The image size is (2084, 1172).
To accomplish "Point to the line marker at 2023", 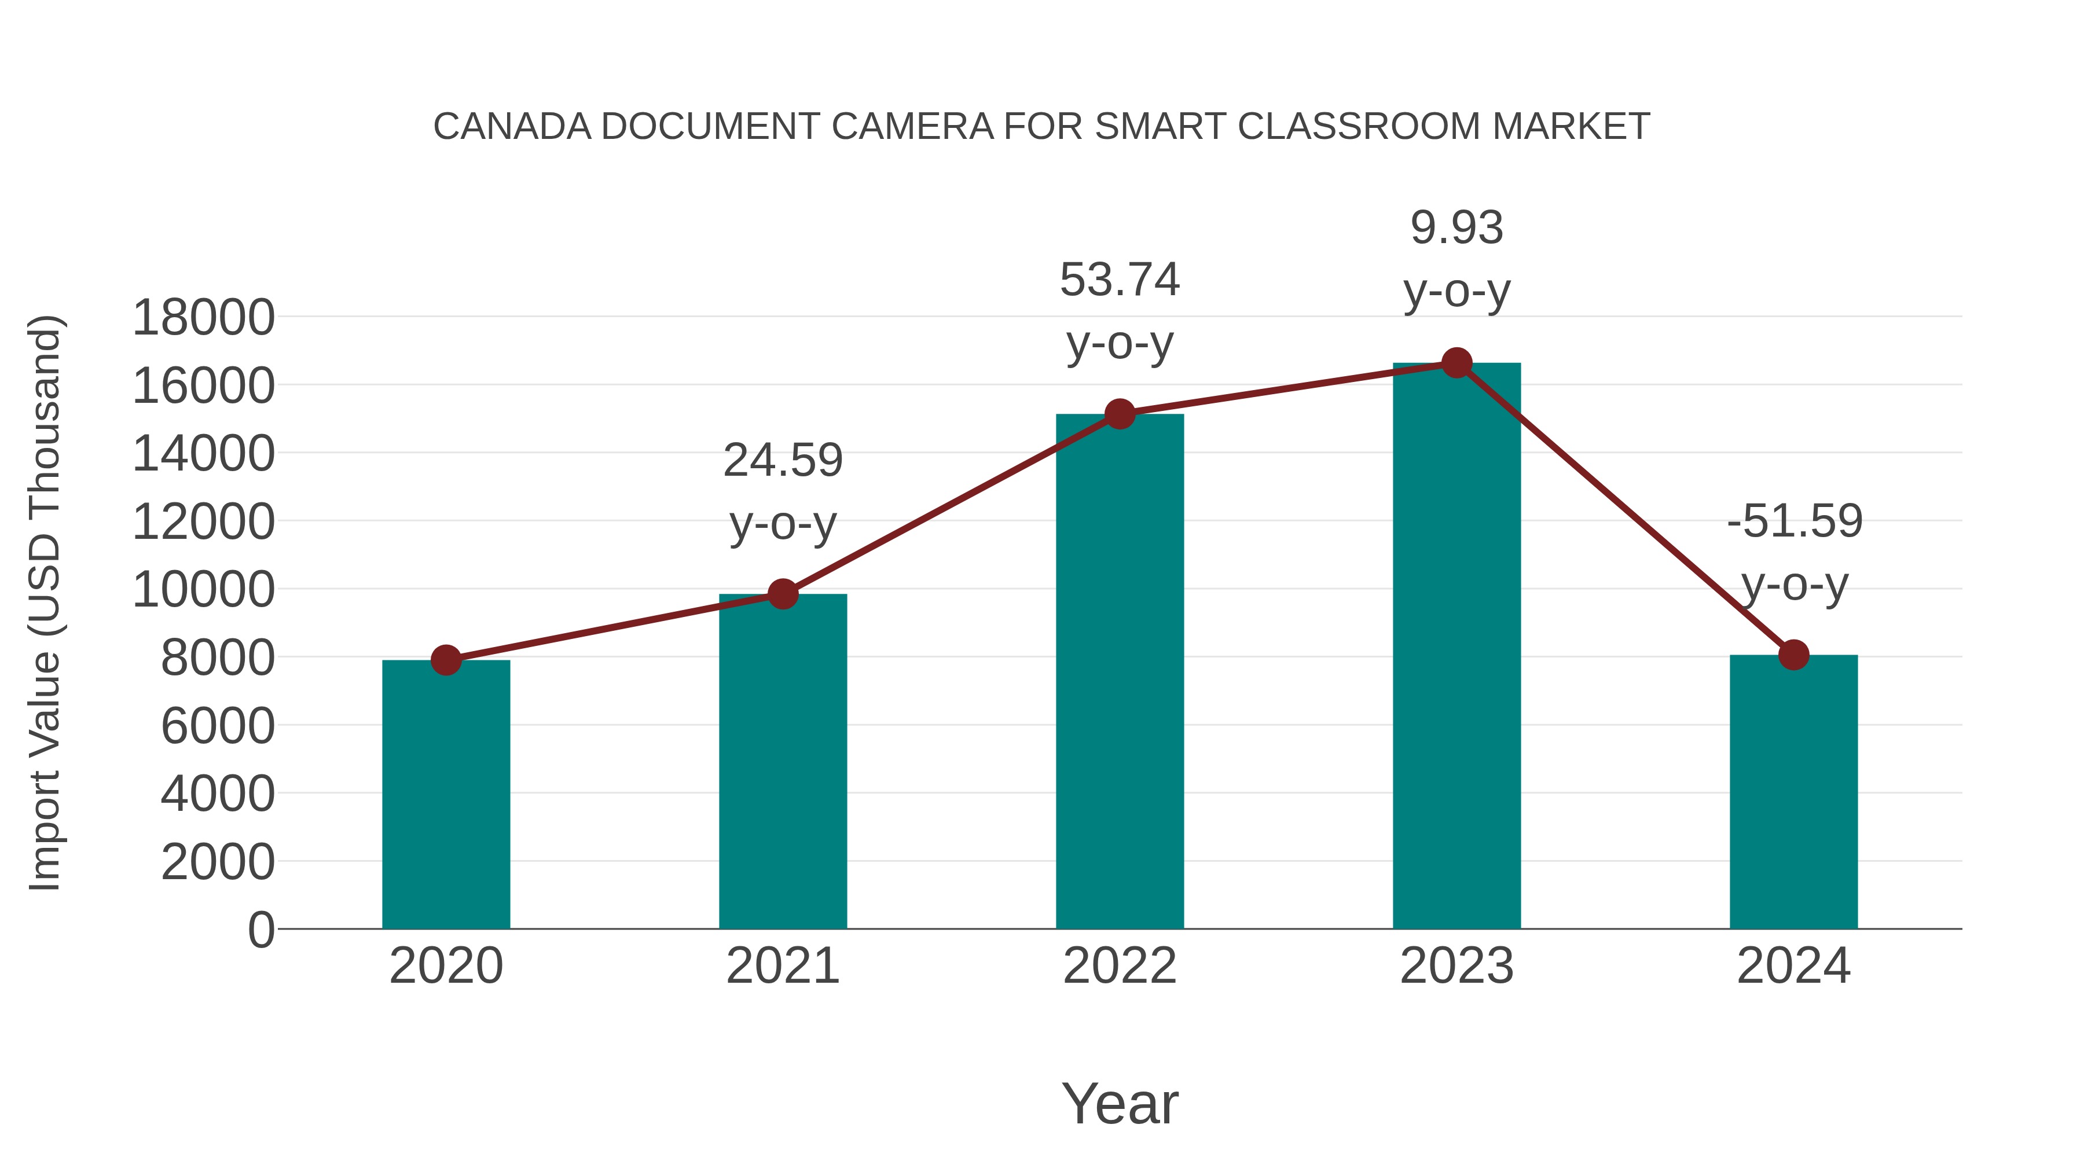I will coord(1456,363).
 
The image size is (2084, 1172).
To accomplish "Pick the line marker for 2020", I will coord(446,660).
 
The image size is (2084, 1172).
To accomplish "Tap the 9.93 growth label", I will coord(1456,259).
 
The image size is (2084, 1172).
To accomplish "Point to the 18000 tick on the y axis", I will coord(203,317).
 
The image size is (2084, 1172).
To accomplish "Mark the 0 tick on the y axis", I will coord(260,929).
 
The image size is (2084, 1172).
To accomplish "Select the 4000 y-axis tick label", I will coord(218,793).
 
